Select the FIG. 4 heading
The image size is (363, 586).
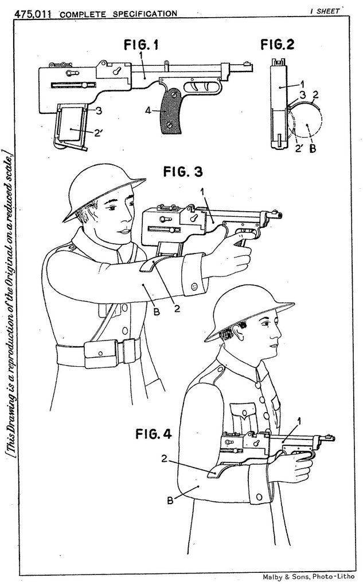coord(153,434)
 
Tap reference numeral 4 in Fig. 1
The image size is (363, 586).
coord(148,111)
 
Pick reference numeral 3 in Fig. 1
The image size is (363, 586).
coord(99,110)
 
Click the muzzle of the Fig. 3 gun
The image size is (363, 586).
coord(279,216)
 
